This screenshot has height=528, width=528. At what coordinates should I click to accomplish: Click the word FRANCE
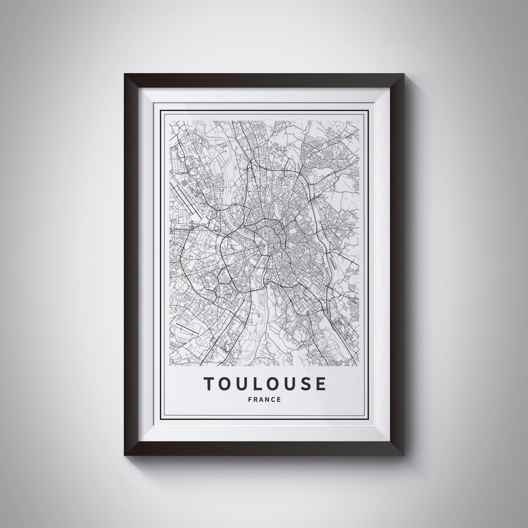(x=264, y=399)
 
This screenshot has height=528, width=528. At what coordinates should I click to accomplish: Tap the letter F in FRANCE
(x=250, y=399)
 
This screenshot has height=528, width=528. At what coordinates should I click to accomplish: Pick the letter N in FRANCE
(x=267, y=399)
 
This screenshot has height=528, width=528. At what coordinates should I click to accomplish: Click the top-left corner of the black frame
(x=125, y=74)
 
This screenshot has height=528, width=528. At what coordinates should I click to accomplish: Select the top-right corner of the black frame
(x=404, y=74)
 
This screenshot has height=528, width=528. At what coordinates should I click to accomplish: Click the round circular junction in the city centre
(x=281, y=249)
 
